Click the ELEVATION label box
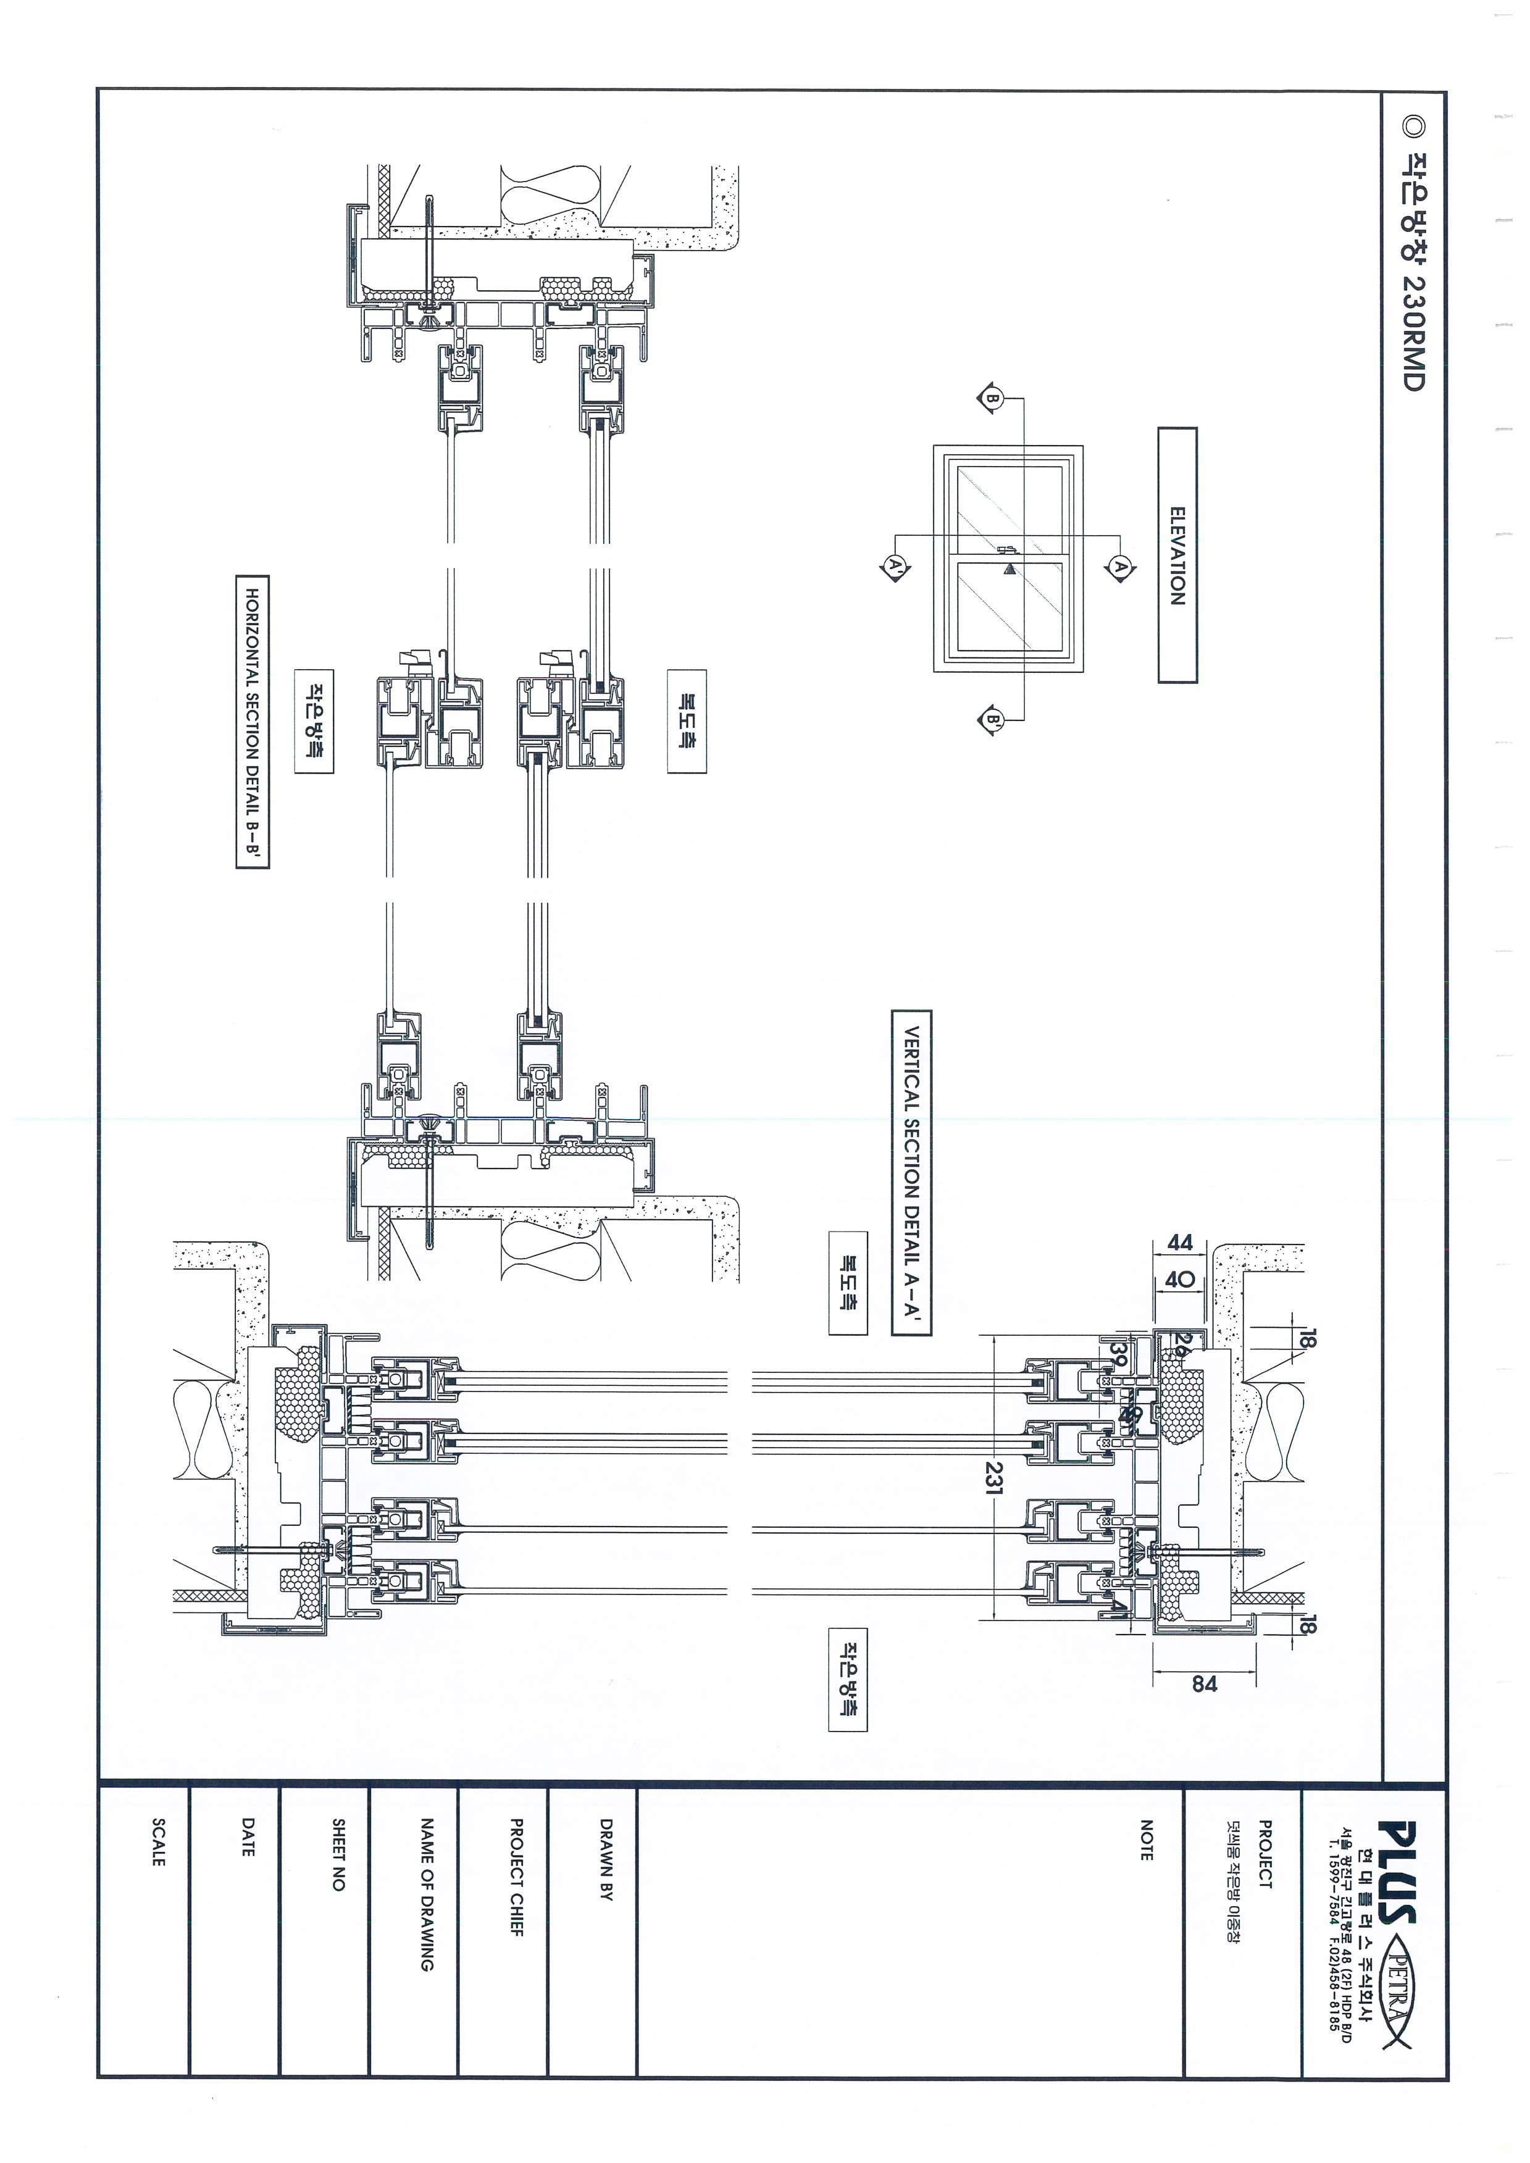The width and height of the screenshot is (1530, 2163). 1177,555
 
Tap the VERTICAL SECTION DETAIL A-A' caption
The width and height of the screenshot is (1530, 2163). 911,1172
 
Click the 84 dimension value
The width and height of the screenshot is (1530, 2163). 1204,1683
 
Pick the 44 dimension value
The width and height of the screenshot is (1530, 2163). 1179,1243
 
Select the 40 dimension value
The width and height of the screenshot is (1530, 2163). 1179,1279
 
